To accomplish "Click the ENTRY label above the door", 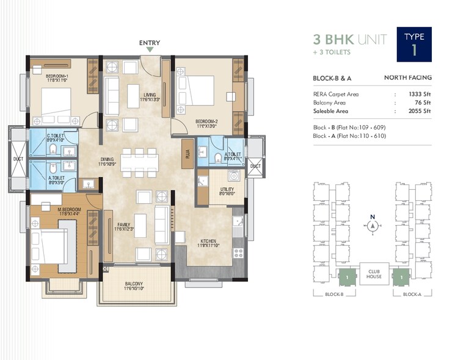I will pyautogui.click(x=150, y=43).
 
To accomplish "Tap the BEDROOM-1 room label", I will pyautogui.click(x=58, y=76).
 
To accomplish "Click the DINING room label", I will pyautogui.click(x=107, y=160).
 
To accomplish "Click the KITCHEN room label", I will pyautogui.click(x=208, y=241).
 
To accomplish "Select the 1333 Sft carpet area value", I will pyautogui.click(x=420, y=95).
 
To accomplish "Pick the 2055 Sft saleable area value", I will pyautogui.click(x=420, y=112).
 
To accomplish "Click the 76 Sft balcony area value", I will pyautogui.click(x=423, y=103).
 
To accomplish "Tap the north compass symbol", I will pyautogui.click(x=372, y=226).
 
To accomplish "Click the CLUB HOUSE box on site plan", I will pyautogui.click(x=374, y=273).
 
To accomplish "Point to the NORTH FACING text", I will pyautogui.click(x=407, y=77).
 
